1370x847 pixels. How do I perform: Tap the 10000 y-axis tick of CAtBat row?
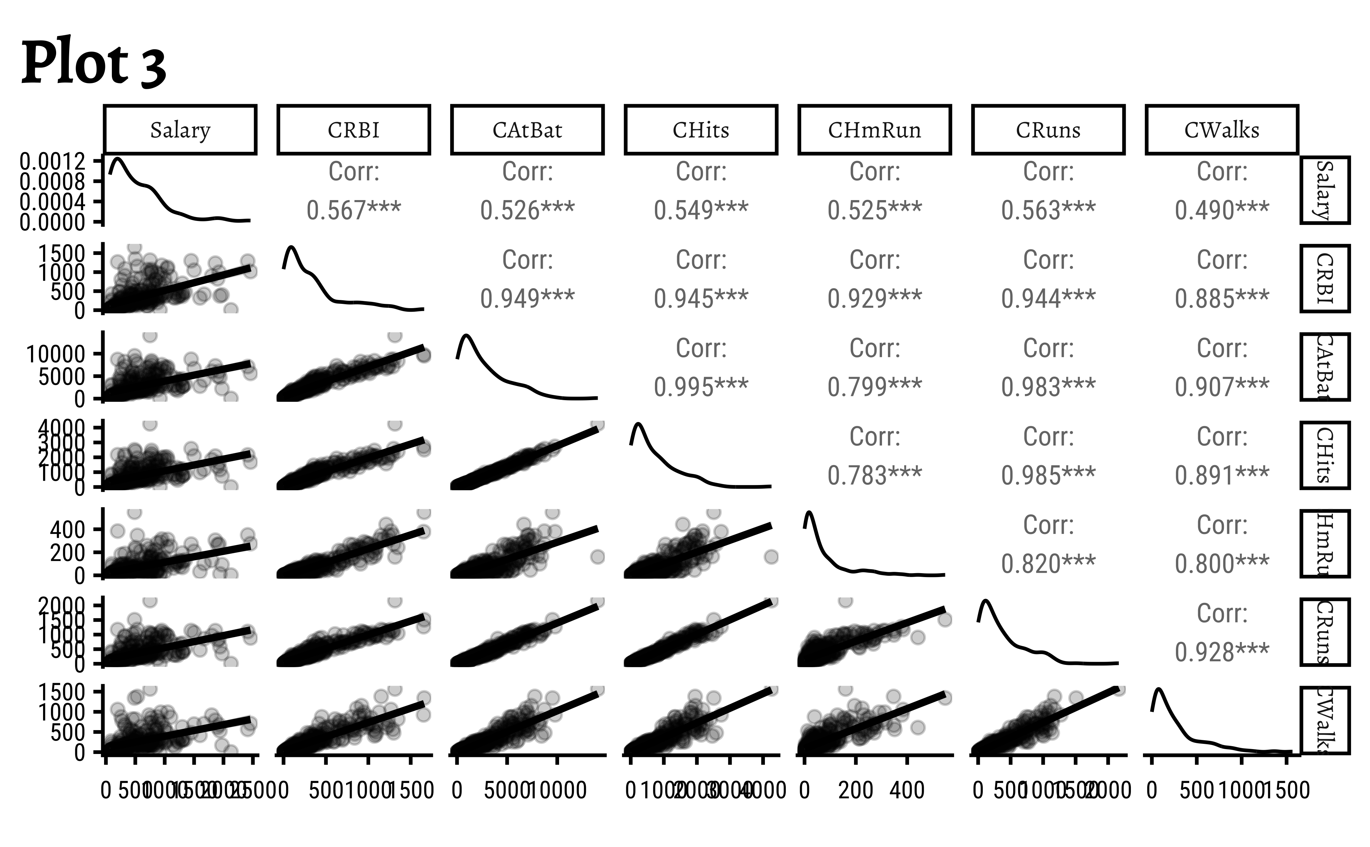click(56, 354)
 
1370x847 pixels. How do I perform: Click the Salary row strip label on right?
click(1325, 191)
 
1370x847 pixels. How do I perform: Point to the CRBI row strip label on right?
click(1325, 278)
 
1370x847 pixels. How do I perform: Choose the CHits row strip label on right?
click(1325, 455)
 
